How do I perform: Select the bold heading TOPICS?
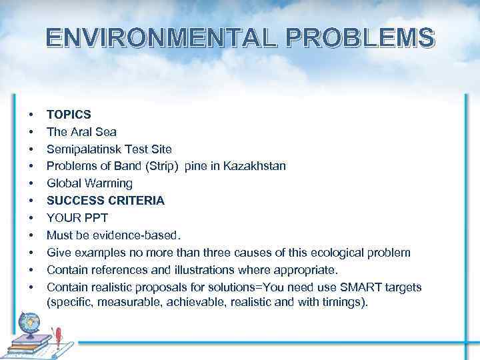pos(69,114)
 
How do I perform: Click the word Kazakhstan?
pos(257,166)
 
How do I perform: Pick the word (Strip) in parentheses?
pos(157,166)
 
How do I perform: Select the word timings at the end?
pos(343,302)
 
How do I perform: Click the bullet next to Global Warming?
pos(31,183)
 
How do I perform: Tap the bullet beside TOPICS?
pos(31,114)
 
